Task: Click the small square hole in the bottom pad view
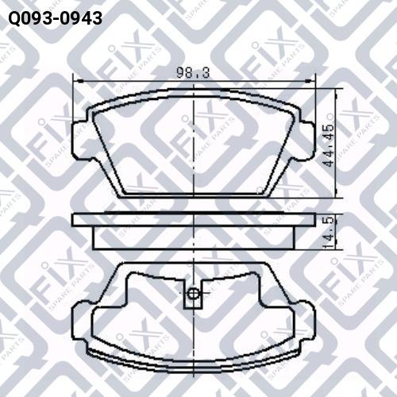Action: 194,296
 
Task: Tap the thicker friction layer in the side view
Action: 194,236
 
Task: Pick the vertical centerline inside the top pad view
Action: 194,151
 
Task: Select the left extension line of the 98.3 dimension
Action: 73,103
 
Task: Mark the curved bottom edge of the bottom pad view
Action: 194,360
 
